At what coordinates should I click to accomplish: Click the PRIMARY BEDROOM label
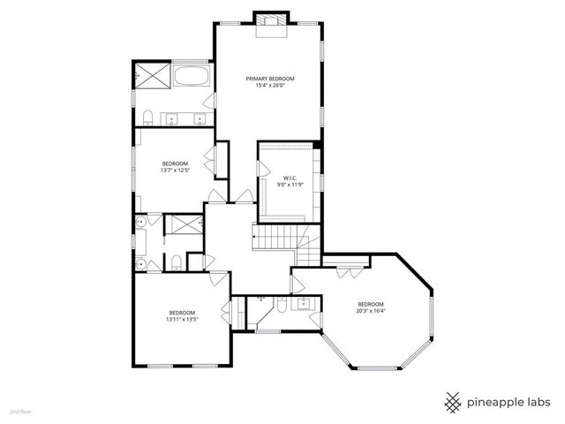click(x=269, y=79)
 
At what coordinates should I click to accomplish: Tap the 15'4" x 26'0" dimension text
click(x=269, y=86)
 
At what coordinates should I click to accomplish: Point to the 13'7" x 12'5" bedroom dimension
click(x=175, y=170)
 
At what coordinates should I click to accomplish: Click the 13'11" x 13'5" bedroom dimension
click(x=182, y=320)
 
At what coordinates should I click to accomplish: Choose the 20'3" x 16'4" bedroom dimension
click(x=371, y=310)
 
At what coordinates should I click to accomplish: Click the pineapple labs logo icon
click(x=453, y=401)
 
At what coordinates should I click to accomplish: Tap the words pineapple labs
click(x=510, y=402)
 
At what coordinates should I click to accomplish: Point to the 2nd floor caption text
click(x=20, y=412)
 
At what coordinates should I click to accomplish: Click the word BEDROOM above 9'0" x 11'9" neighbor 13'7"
click(x=175, y=163)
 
